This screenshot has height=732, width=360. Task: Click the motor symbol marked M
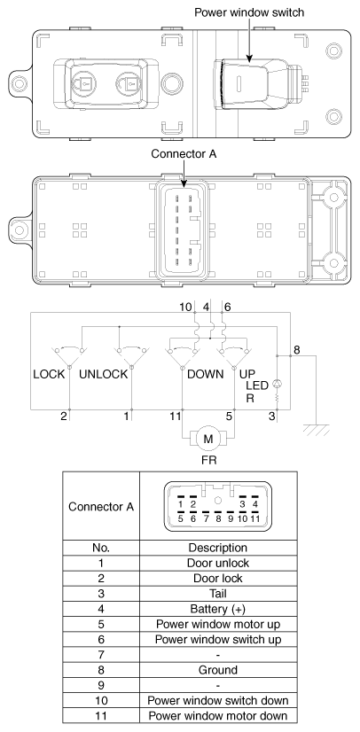click(x=207, y=437)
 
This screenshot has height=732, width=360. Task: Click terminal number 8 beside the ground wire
click(x=297, y=350)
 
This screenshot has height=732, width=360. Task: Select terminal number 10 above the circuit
click(x=186, y=306)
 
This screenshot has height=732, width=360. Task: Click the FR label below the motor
click(x=207, y=462)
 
